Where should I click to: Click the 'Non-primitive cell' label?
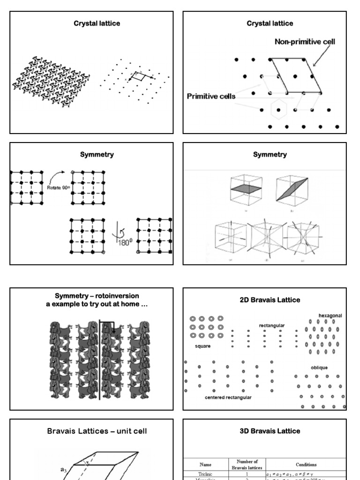click(x=304, y=42)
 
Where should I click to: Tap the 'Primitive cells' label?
click(x=211, y=97)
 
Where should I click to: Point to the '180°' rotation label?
click(x=123, y=242)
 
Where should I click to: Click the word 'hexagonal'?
click(x=330, y=316)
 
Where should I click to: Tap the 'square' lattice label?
click(x=202, y=346)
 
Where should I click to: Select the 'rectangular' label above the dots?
click(x=272, y=325)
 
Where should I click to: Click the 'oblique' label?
click(x=319, y=367)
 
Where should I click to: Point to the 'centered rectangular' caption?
click(x=228, y=397)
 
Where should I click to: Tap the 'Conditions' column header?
click(x=306, y=465)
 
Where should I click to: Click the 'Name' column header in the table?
click(x=205, y=465)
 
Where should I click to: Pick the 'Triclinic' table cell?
click(x=205, y=474)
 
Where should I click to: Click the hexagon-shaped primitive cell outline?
click(x=279, y=110)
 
